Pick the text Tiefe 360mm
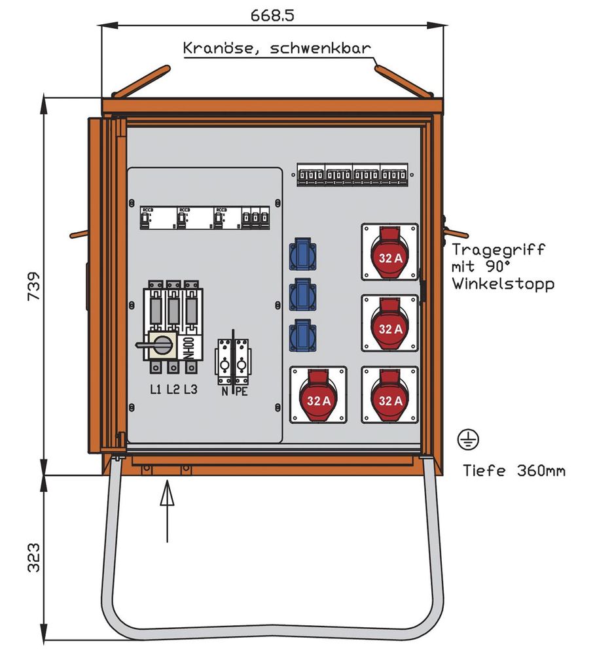click(x=514, y=470)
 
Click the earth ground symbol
click(x=469, y=439)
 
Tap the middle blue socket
click(x=302, y=293)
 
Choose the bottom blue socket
click(x=302, y=333)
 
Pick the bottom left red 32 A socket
click(x=318, y=396)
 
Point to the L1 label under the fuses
click(x=156, y=390)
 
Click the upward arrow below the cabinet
click(x=168, y=510)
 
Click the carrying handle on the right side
click(x=456, y=232)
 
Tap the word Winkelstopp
click(x=503, y=284)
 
